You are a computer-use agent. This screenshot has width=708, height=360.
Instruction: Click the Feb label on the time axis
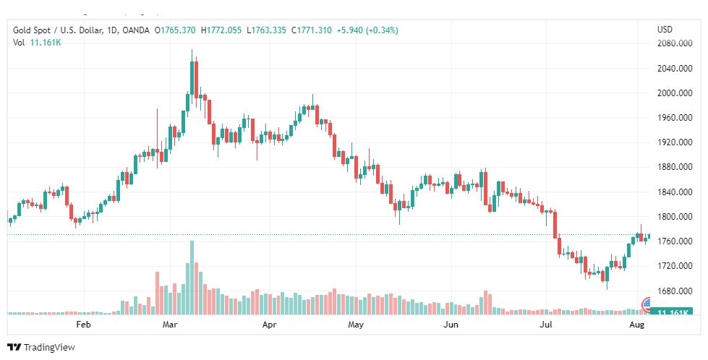pos(84,325)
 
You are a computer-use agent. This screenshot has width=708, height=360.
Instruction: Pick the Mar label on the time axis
pos(171,325)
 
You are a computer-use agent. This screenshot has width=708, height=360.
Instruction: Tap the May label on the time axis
pos(355,325)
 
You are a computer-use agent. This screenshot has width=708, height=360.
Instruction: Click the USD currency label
pos(665,30)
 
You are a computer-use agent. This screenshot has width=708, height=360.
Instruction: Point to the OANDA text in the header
pos(136,30)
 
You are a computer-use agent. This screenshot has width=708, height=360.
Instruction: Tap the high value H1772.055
pos(221,30)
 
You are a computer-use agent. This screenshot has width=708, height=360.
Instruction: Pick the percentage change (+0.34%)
pos(381,30)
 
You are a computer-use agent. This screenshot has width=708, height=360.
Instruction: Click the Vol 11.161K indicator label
pos(37,43)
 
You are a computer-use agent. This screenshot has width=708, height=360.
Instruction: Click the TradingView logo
pos(41,348)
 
